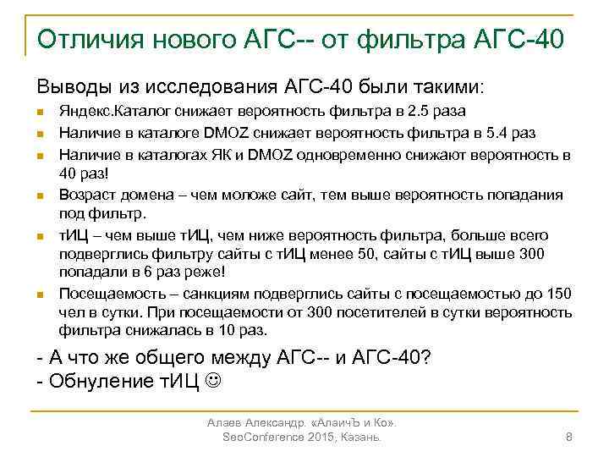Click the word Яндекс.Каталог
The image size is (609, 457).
click(x=104, y=111)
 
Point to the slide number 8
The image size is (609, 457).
click(x=568, y=436)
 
